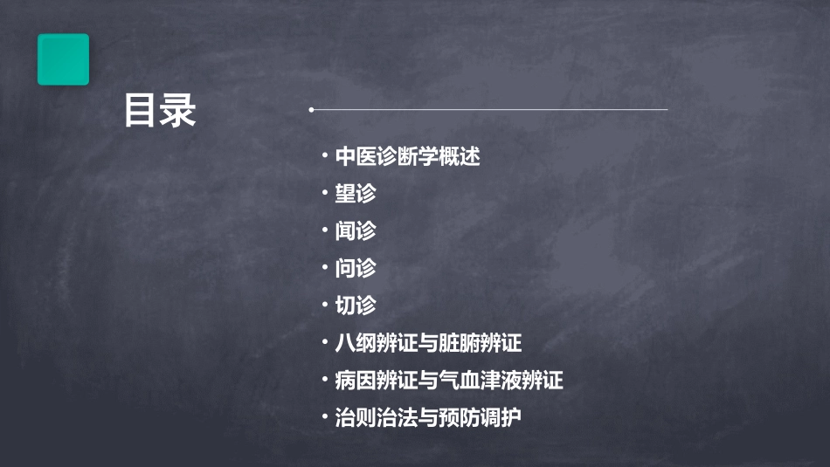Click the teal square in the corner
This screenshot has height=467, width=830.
click(x=63, y=59)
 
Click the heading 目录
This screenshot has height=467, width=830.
click(x=160, y=111)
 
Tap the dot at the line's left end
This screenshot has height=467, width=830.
click(x=311, y=110)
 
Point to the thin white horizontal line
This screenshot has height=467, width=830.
click(x=489, y=110)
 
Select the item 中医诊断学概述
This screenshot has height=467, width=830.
click(x=408, y=157)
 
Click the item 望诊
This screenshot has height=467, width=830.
click(x=356, y=194)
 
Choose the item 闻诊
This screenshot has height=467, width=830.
click(x=356, y=231)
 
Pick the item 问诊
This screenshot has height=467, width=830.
click(x=356, y=269)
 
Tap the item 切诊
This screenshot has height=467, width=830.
click(x=356, y=306)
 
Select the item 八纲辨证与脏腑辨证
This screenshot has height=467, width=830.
click(x=428, y=343)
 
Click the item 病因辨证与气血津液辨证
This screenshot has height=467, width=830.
click(x=449, y=381)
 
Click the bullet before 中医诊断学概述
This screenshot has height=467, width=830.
click(x=325, y=157)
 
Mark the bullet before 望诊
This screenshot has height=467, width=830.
click(x=325, y=194)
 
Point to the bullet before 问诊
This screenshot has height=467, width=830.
click(x=325, y=269)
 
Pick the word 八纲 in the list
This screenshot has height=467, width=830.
click(x=356, y=343)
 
